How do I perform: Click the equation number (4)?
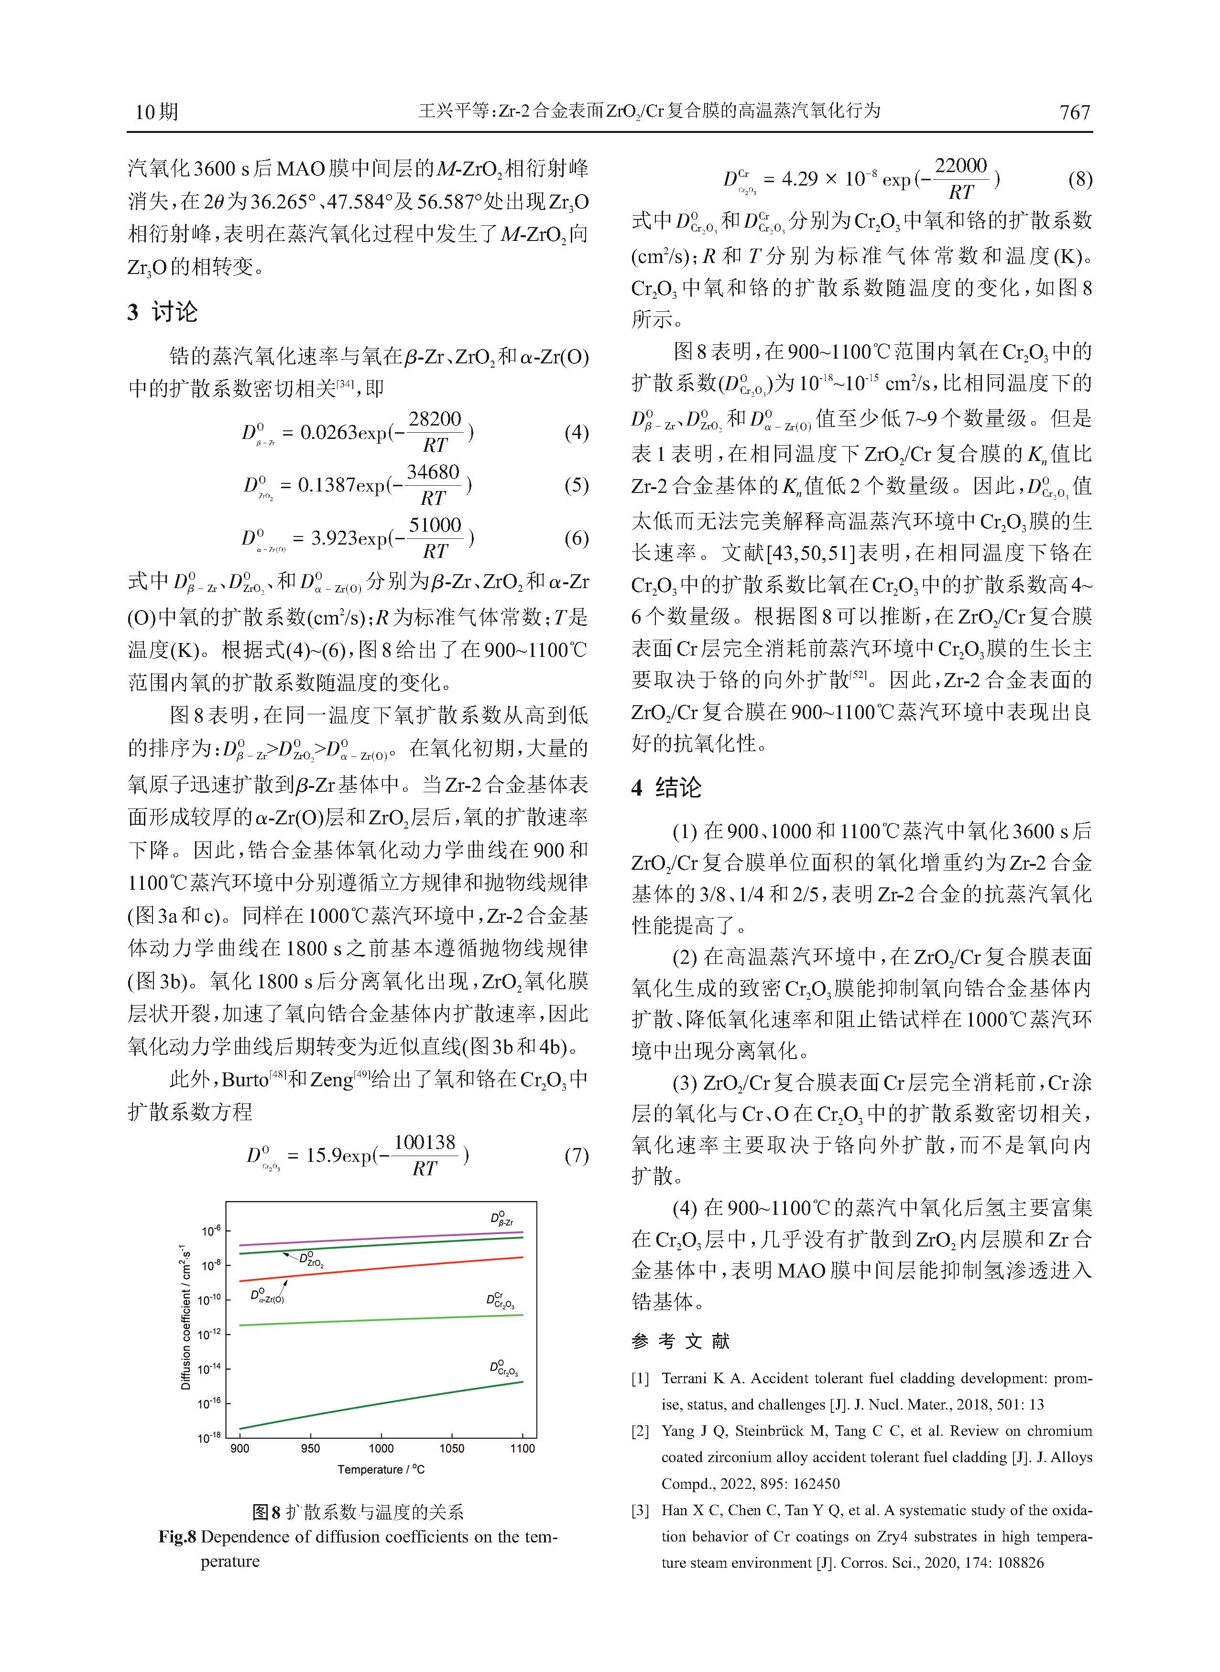576,432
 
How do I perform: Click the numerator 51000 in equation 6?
435,525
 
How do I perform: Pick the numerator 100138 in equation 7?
425,1143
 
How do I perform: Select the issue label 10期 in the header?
156,112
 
